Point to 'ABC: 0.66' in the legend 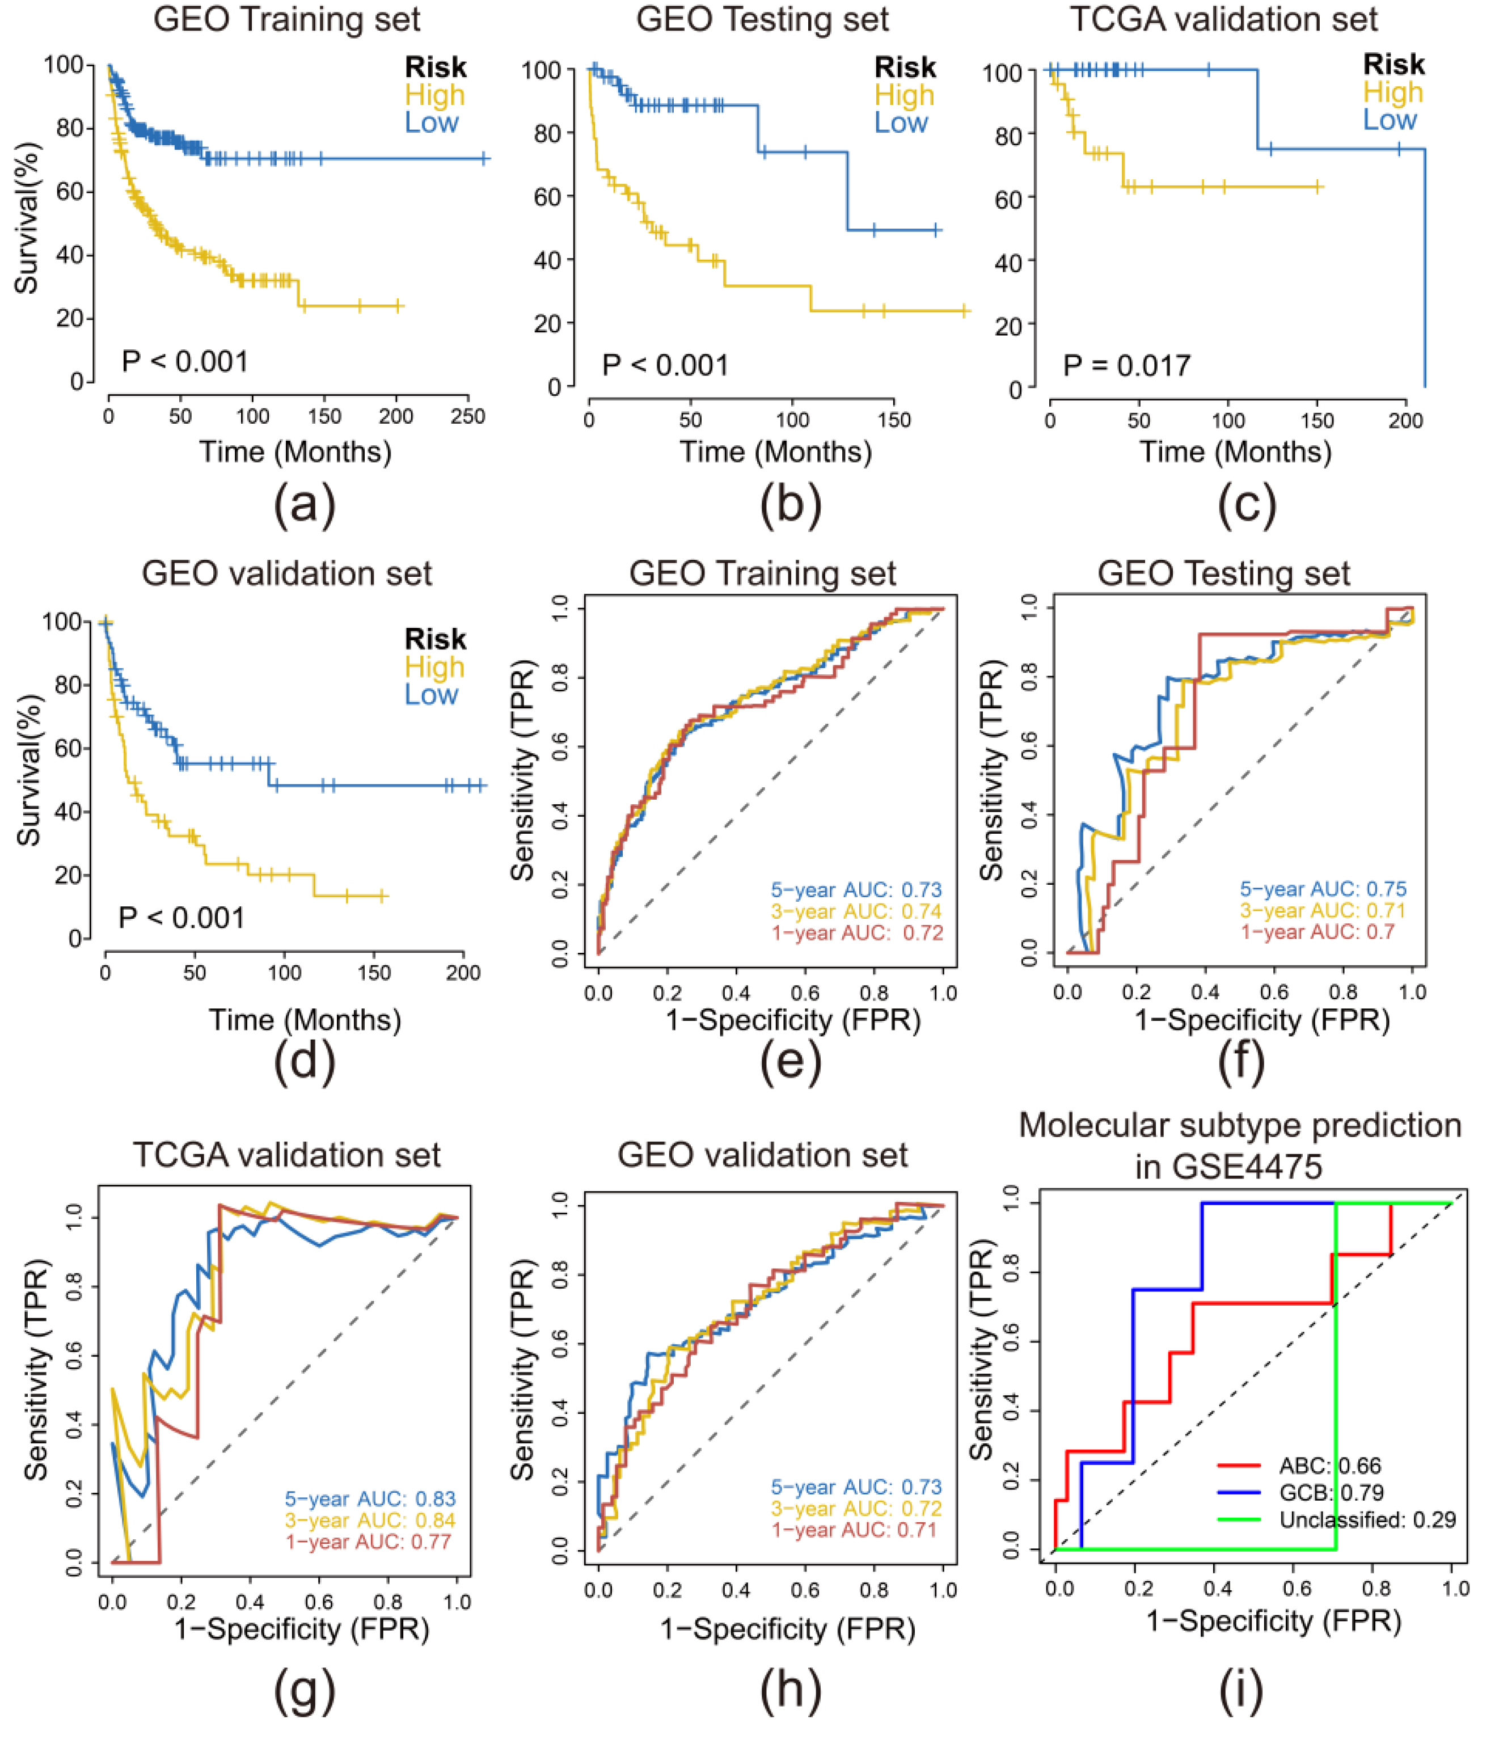[1330, 1466]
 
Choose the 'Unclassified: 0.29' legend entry [1367, 1519]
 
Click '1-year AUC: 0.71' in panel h [854, 1530]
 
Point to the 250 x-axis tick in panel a [468, 417]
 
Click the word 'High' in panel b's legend [904, 95]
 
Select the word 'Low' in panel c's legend [1390, 120]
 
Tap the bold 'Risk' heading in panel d [435, 639]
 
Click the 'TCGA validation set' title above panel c [1224, 19]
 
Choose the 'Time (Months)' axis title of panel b [775, 452]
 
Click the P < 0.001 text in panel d [182, 918]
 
